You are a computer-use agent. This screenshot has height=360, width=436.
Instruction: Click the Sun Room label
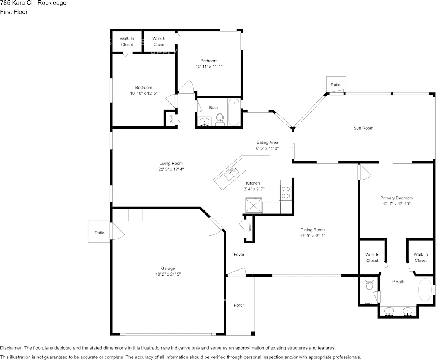pos(363,128)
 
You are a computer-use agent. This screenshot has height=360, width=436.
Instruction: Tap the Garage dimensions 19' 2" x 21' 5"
pos(168,274)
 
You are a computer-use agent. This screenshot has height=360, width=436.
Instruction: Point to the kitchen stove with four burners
pos(285,192)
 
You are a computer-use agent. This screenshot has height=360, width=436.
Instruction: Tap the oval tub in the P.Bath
pos(425,290)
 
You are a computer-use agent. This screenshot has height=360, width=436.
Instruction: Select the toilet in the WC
pos(369,284)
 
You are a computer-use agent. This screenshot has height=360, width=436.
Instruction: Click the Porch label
pos(239,305)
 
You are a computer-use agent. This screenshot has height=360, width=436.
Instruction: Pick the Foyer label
pos(239,255)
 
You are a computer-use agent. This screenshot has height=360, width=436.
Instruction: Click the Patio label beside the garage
pos(99,233)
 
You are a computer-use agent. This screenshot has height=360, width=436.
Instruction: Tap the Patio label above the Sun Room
pos(335,85)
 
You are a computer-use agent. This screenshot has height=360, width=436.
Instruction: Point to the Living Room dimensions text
pos(171,169)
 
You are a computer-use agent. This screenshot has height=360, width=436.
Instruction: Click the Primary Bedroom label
pos(396,198)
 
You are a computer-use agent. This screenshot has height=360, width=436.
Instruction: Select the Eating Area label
pos(267,142)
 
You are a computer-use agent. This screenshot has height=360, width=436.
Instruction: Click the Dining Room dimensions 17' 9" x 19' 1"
pos(312,236)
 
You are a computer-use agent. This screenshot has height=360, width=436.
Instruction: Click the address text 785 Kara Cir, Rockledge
pos(33,3)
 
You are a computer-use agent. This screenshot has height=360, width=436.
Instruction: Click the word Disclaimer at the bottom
pos(11,348)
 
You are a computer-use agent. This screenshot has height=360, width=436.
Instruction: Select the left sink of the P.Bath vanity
pos(389,312)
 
